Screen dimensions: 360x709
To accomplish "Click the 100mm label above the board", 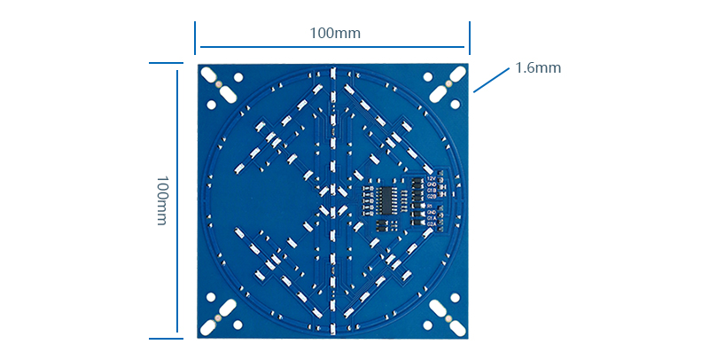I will tap(334, 33).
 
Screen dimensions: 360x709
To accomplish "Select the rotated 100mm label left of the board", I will tap(161, 200).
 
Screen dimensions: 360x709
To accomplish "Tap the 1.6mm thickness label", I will tap(538, 67).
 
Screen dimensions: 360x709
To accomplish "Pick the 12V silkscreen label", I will tap(431, 178).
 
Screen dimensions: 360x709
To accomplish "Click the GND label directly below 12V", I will tap(431, 184).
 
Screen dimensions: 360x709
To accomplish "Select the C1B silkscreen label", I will tap(431, 190).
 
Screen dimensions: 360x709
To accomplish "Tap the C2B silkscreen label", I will tap(431, 196).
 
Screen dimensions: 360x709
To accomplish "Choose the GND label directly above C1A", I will tap(432, 212).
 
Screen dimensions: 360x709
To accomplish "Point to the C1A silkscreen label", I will tap(432, 218).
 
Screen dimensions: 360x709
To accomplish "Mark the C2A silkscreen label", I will tap(432, 224).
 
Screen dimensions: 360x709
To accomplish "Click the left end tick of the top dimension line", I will tap(196, 38).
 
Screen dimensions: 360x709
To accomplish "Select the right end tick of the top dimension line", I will tap(469, 38).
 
